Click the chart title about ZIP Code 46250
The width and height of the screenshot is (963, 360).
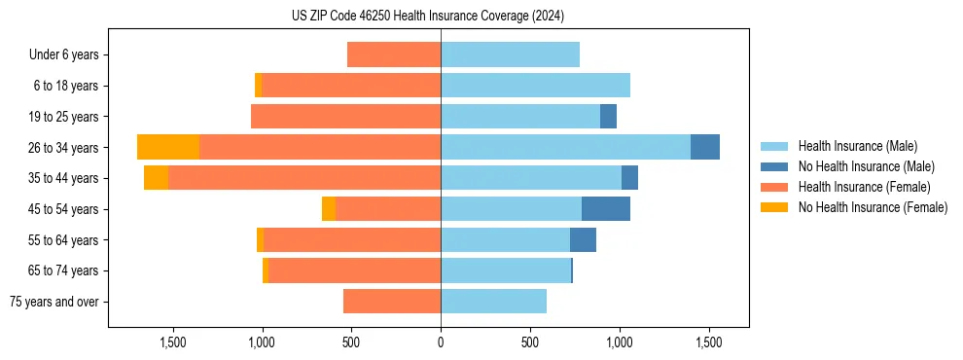click(x=427, y=16)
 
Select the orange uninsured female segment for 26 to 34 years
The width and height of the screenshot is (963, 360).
click(x=168, y=147)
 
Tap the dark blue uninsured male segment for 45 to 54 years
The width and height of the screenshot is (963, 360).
click(x=606, y=209)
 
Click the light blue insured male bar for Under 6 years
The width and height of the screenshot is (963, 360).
click(x=510, y=54)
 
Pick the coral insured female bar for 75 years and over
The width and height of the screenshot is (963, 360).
click(x=392, y=302)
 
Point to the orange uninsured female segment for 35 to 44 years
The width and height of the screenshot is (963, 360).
click(x=156, y=178)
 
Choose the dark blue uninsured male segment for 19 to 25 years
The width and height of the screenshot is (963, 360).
click(x=608, y=117)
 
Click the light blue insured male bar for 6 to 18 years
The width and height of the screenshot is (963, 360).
click(x=535, y=86)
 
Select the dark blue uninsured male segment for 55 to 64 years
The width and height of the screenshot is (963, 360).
click(x=583, y=240)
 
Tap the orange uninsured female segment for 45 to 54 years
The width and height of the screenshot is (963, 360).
click(x=329, y=209)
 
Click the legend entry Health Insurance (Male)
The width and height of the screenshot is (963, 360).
click(x=857, y=146)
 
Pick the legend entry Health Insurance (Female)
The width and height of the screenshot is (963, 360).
click(x=864, y=187)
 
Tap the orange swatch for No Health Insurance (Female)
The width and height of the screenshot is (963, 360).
click(x=774, y=207)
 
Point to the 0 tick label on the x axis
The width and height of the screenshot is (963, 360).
click(x=441, y=342)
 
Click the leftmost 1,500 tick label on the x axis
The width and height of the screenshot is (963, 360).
click(x=172, y=342)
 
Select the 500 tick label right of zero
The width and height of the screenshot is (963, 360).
click(x=530, y=342)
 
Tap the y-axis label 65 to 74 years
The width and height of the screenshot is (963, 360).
click(x=64, y=270)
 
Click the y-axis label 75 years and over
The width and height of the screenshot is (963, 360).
click(x=54, y=302)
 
